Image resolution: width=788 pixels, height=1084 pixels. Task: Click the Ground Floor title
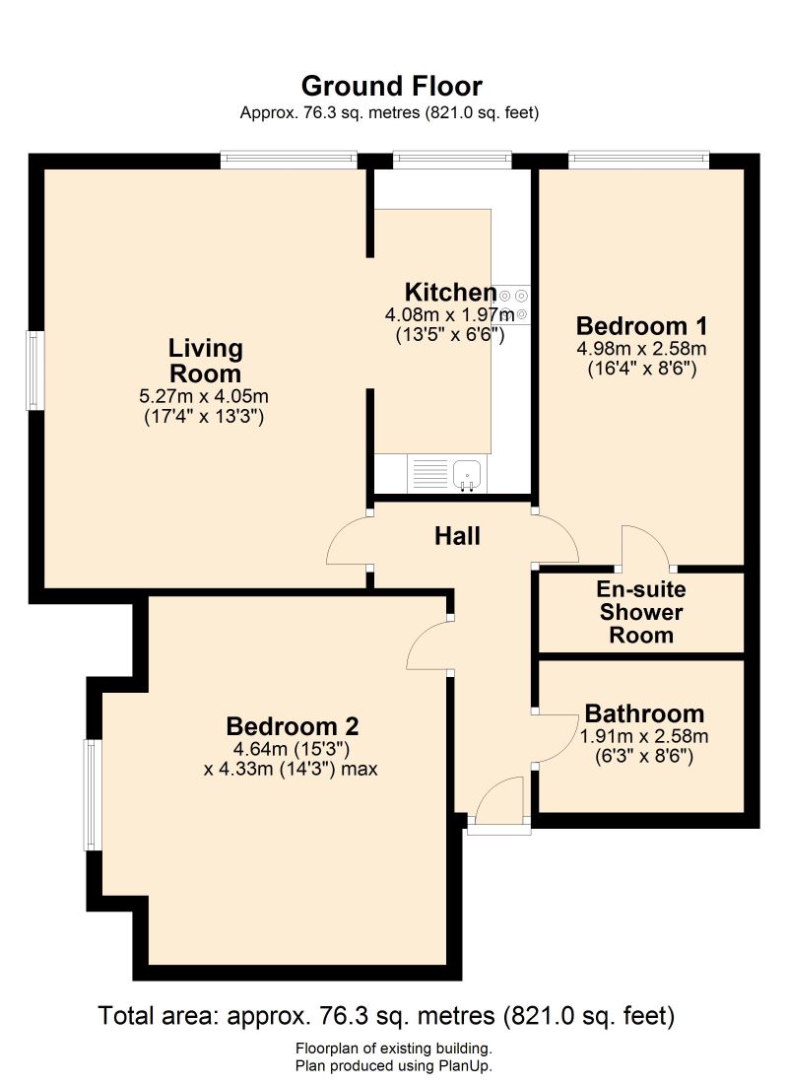pyautogui.click(x=391, y=86)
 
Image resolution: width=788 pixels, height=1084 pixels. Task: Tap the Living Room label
pyautogui.click(x=205, y=361)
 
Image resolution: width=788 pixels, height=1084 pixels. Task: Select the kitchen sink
pyautogui.click(x=466, y=474)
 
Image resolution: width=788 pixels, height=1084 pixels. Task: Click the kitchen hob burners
pyautogui.click(x=514, y=305)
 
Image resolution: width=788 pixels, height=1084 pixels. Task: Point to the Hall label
pyautogui.click(x=458, y=536)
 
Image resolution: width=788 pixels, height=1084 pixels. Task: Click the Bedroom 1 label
pyautogui.click(x=641, y=325)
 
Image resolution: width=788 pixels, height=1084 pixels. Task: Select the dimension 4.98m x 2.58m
pyautogui.click(x=641, y=349)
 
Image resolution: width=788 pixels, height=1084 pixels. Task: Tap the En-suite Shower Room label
pyautogui.click(x=641, y=612)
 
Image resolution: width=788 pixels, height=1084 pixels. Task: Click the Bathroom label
pyautogui.click(x=644, y=712)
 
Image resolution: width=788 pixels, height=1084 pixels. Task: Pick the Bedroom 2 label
pyautogui.click(x=293, y=726)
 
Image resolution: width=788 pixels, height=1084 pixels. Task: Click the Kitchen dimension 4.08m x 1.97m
pyautogui.click(x=449, y=315)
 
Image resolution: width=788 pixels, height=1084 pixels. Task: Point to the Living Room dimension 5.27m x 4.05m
pyautogui.click(x=204, y=396)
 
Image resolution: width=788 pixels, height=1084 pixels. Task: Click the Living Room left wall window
pyautogui.click(x=35, y=371)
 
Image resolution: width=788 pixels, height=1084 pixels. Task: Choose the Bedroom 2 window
pyautogui.click(x=92, y=794)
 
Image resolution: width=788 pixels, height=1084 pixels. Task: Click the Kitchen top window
pyautogui.click(x=452, y=156)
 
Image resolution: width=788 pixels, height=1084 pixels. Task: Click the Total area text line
pyautogui.click(x=386, y=1015)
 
